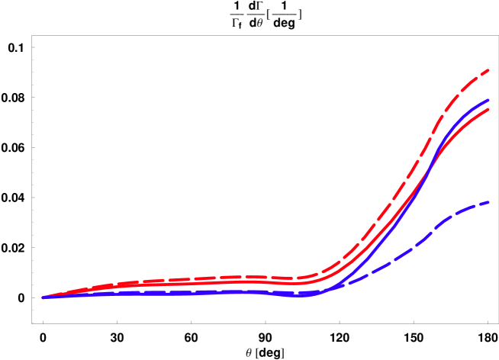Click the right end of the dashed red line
click(488, 71)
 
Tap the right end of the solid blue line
click(488, 100)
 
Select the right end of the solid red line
click(488, 109)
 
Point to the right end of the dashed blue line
click(488, 202)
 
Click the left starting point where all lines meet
click(43, 297)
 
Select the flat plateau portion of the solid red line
click(229, 282)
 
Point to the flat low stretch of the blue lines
click(191, 292)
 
